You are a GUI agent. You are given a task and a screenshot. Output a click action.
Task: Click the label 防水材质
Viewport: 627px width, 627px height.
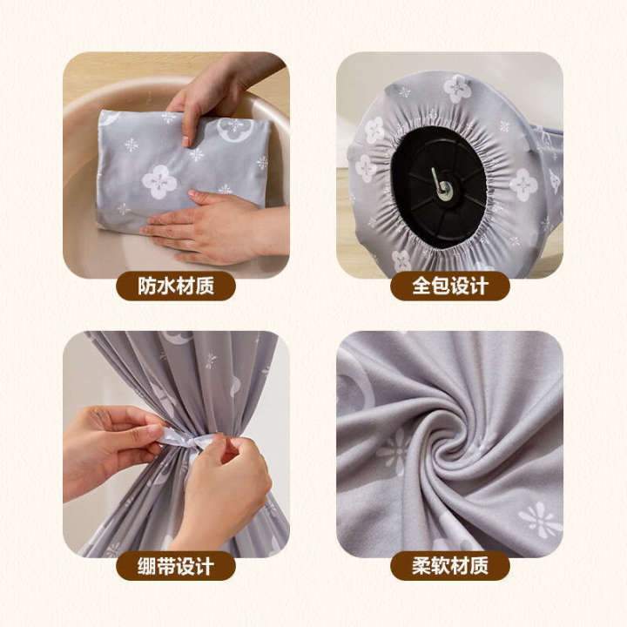175,285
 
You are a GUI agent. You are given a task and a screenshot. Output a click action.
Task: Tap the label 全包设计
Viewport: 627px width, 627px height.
449,285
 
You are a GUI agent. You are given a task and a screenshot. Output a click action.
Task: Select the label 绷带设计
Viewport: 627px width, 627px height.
175,566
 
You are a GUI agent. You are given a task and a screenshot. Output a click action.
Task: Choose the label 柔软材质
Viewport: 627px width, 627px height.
449,566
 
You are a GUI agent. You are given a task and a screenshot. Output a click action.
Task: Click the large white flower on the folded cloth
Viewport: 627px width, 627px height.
159,181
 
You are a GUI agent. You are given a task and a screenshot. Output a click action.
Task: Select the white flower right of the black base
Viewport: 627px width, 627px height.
522,184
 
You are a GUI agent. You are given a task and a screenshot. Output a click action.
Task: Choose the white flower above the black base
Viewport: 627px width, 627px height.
457,87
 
